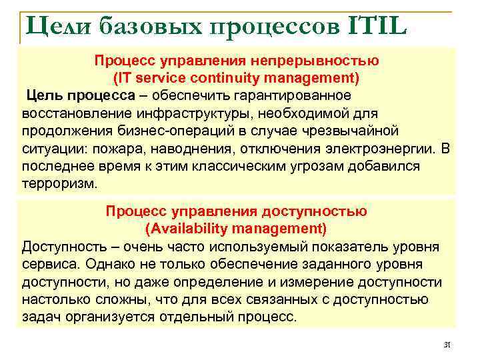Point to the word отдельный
coord(211,316)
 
